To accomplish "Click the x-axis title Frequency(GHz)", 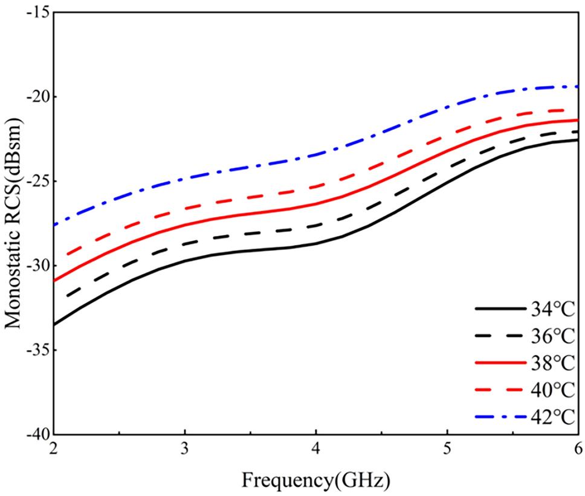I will click(315, 481).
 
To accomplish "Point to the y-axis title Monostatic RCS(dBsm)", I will click(13, 223).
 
